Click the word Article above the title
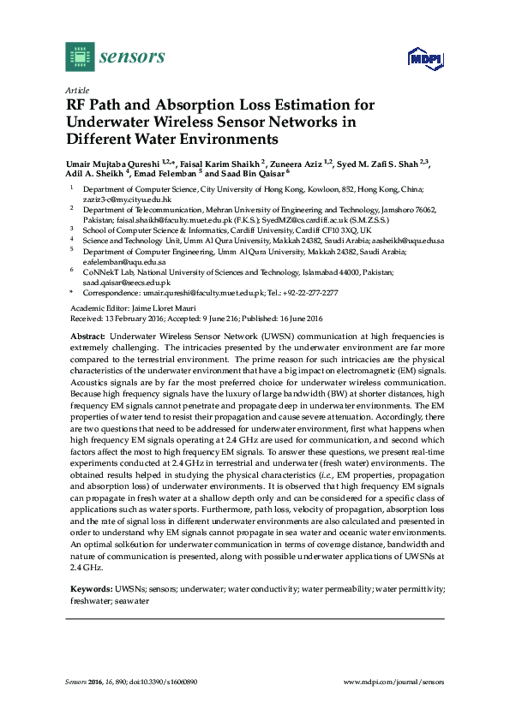(76, 89)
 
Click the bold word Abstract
(87, 338)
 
